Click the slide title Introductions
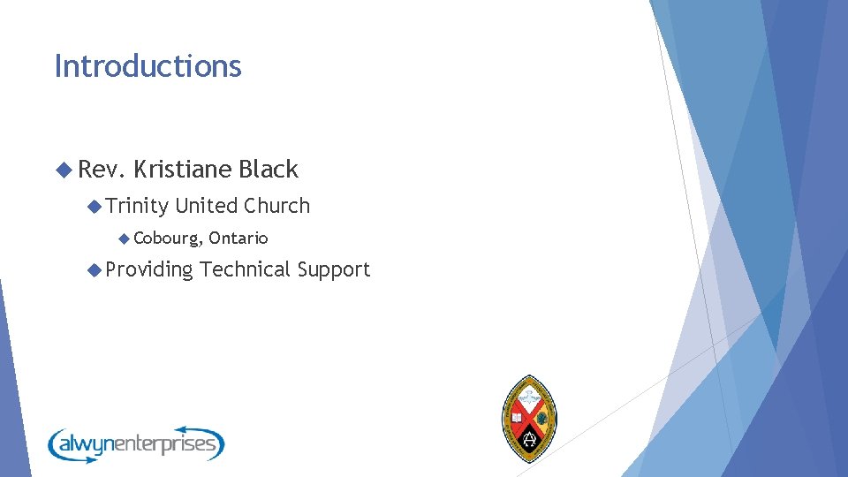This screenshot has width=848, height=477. click(x=148, y=66)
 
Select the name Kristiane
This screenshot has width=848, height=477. click(x=183, y=170)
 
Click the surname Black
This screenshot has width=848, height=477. click(x=269, y=170)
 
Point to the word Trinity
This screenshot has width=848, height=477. click(x=137, y=206)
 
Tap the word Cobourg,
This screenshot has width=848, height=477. click(x=168, y=238)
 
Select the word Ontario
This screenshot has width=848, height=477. click(x=238, y=238)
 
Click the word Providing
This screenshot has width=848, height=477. click(x=149, y=270)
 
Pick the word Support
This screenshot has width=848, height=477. click(x=334, y=270)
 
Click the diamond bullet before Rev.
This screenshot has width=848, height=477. click(x=63, y=170)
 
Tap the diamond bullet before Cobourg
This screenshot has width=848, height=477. click(x=125, y=238)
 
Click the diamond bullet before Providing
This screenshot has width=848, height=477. click(x=95, y=270)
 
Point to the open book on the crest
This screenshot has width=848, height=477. click(x=516, y=416)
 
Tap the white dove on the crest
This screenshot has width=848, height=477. click(x=530, y=395)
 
